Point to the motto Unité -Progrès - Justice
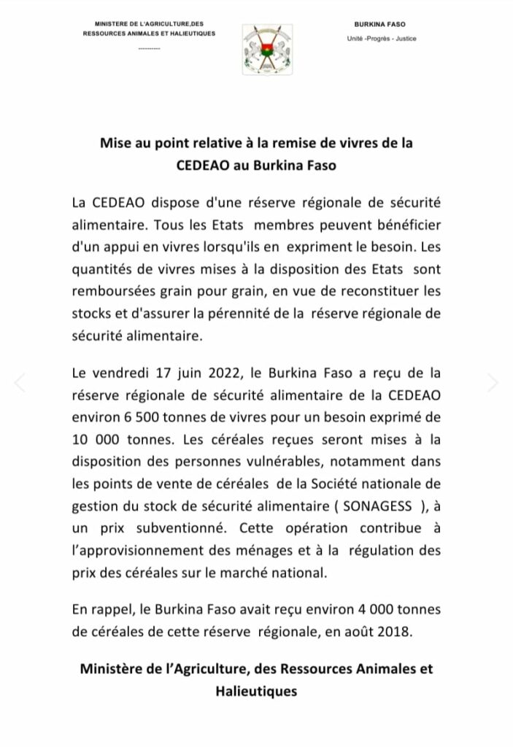click(382, 39)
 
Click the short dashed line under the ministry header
click(148, 49)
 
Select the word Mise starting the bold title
click(115, 144)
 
